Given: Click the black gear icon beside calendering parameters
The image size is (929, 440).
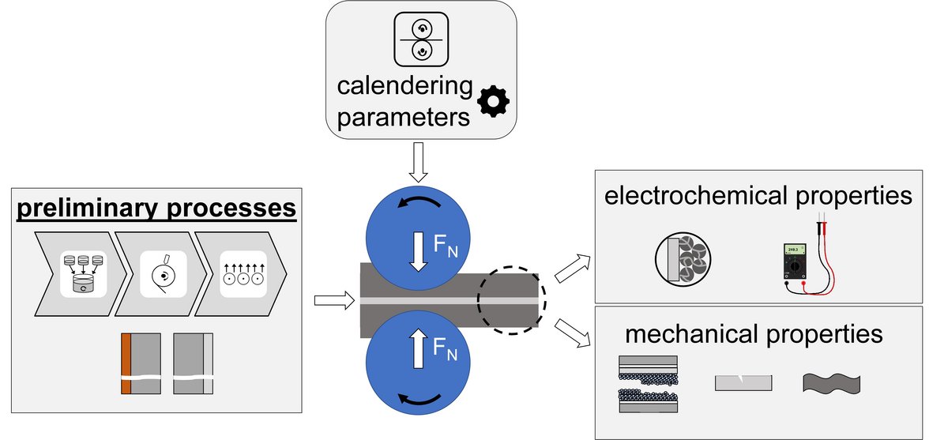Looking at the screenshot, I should tap(495, 102).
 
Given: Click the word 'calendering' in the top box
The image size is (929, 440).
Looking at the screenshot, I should tap(405, 86).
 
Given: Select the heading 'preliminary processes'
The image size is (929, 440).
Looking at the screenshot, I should tap(155, 209).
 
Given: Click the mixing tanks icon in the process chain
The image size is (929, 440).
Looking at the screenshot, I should tap(84, 273).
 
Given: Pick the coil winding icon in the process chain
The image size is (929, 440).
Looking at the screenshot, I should tap(163, 274).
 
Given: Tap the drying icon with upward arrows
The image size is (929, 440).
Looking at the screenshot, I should tap(243, 274).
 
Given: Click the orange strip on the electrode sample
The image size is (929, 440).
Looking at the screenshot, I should tap(125, 364).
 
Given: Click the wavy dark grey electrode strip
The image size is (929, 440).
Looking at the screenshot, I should tap(831, 383).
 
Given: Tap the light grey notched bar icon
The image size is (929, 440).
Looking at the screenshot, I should tap(743, 383).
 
